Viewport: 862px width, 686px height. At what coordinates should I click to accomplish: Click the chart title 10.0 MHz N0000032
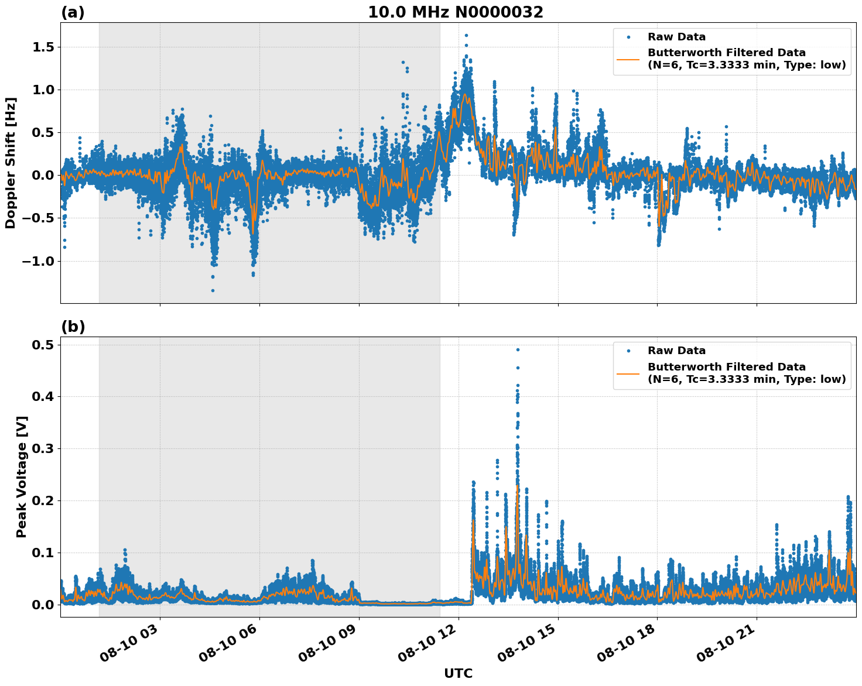pos(455,12)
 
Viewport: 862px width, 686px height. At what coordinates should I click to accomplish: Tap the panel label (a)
pos(73,12)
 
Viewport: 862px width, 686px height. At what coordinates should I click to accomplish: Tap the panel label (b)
pos(73,327)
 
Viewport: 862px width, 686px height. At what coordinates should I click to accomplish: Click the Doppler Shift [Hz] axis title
pos(11,163)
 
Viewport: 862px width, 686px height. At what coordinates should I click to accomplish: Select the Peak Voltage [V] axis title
pos(22,489)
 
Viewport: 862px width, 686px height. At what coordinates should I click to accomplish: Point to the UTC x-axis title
pos(458,673)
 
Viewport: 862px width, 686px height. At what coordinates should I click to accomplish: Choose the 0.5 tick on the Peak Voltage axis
pos(42,345)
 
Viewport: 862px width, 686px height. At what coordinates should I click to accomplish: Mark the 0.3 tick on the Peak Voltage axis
pos(42,448)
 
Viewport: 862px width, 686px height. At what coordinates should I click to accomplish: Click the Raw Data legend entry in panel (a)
pos(676,37)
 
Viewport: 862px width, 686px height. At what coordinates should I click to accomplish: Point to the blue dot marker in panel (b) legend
pos(628,351)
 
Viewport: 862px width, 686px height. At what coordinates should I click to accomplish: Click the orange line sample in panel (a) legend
pos(628,59)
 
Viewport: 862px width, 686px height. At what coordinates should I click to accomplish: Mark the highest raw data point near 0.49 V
pos(518,349)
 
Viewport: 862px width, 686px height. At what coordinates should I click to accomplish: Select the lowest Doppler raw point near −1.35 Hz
pos(213,290)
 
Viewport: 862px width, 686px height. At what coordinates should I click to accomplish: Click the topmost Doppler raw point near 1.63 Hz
pos(466,35)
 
